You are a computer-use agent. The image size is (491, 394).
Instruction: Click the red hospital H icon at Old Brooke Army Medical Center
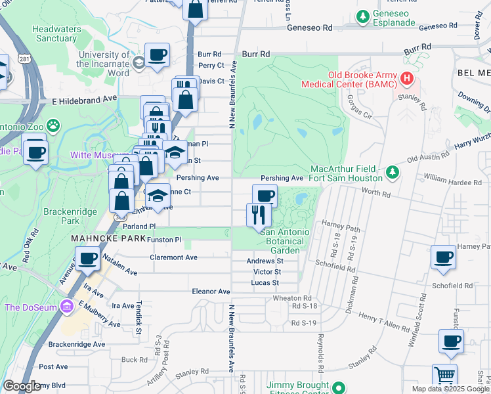407,78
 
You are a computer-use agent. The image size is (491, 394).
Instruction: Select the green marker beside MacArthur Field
392,171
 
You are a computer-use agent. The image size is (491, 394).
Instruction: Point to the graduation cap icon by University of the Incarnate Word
138,62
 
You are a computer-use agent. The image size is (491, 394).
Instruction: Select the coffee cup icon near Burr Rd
157,55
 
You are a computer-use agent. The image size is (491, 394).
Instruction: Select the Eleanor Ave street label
210,292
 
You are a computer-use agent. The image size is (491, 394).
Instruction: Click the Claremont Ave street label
173,257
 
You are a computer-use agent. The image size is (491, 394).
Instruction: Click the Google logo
22,386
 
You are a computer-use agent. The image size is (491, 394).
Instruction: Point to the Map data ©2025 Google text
450,389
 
